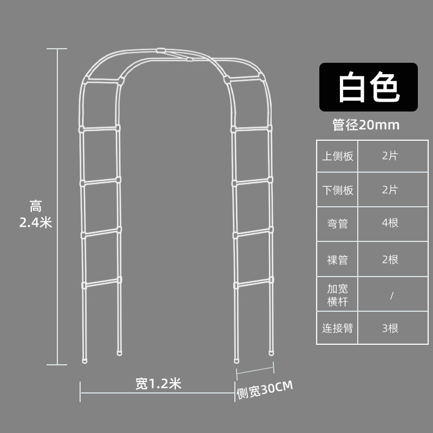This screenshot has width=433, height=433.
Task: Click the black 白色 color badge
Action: [x=368, y=88]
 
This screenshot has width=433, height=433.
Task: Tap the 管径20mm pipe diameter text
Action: [x=366, y=126]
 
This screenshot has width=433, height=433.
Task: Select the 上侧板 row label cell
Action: [x=338, y=156]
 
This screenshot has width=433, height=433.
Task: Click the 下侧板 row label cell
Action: [x=338, y=190]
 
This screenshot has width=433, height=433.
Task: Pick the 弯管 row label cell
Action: [x=338, y=224]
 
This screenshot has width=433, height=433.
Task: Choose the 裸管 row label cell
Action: [x=338, y=260]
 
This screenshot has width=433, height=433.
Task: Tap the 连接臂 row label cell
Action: [x=338, y=327]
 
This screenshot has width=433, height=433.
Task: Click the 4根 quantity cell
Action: [x=390, y=224]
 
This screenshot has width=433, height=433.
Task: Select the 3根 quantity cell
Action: [x=390, y=327]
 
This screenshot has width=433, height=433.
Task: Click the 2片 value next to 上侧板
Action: [x=390, y=156]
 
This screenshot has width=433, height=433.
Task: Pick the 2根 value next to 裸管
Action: [x=390, y=260]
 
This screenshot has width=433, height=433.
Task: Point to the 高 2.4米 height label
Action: [x=36, y=214]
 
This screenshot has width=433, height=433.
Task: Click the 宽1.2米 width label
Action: [x=158, y=384]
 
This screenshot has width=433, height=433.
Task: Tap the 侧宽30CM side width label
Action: [x=264, y=390]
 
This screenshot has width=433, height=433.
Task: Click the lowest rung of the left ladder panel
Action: [x=101, y=283]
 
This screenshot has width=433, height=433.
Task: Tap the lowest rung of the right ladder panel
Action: [x=252, y=283]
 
